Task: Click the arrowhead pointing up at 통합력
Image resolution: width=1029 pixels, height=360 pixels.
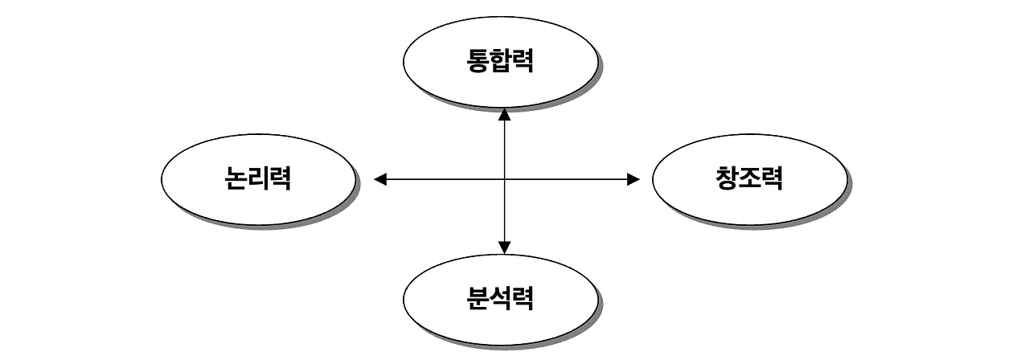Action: pyautogui.click(x=504, y=113)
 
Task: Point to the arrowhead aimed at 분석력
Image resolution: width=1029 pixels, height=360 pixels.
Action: pyautogui.click(x=504, y=247)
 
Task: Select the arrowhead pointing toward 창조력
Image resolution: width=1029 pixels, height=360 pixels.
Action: pyautogui.click(x=633, y=179)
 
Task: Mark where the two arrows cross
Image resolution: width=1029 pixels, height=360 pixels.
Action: pyautogui.click(x=504, y=179)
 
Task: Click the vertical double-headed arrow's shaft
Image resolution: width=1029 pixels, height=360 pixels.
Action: pyautogui.click(x=504, y=145)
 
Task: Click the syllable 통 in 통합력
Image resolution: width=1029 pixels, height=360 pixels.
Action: pyautogui.click(x=478, y=61)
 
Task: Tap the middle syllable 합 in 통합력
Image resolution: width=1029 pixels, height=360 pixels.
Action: pyautogui.click(x=500, y=61)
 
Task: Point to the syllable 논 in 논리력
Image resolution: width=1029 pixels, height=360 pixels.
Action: pyautogui.click(x=236, y=178)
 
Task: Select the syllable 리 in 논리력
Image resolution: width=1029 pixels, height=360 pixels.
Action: pyautogui.click(x=258, y=178)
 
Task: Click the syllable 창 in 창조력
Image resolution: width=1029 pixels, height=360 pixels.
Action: pyautogui.click(x=726, y=178)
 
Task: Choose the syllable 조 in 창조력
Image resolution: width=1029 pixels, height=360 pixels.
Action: pyautogui.click(x=748, y=178)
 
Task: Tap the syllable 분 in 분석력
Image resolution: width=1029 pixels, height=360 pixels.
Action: pyautogui.click(x=478, y=299)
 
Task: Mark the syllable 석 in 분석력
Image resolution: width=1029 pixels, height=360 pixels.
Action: pyautogui.click(x=500, y=299)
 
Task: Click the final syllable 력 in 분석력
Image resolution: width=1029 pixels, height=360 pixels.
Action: pyautogui.click(x=523, y=299)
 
